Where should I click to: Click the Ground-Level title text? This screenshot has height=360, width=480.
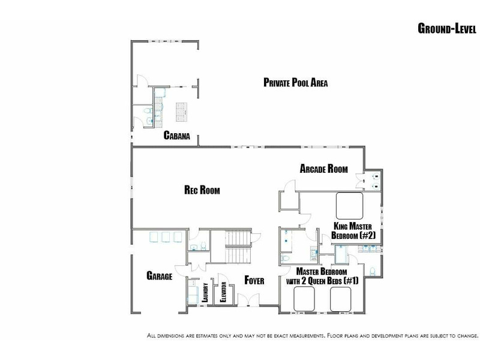click(447, 28)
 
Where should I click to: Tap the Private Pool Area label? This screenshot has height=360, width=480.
click(295, 82)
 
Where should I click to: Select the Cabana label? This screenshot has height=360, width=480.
click(176, 136)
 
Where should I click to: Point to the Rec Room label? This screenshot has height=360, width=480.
click(202, 190)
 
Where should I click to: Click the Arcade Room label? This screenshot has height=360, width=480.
click(323, 169)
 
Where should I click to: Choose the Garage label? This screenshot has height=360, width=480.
click(159, 275)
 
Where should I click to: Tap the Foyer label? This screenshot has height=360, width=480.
click(254, 280)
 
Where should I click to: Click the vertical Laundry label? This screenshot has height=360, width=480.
click(205, 292)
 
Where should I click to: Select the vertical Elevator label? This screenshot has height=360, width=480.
click(223, 292)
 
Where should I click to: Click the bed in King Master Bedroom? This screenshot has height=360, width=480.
click(349, 205)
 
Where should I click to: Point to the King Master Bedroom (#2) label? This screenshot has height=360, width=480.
click(353, 231)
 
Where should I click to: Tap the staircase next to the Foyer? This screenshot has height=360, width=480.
click(238, 247)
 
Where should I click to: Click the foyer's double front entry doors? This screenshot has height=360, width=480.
click(248, 299)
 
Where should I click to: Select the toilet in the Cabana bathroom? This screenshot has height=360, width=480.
click(148, 110)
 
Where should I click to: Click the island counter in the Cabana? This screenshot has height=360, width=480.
click(181, 112)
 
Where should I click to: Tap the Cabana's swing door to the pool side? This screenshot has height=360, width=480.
click(142, 80)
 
